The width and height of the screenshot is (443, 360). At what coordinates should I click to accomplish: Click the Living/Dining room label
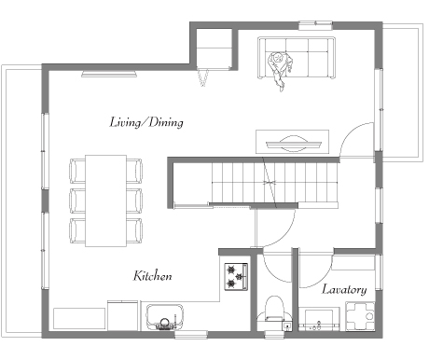tap(146, 122)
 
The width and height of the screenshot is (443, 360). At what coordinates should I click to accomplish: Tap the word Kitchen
tap(152, 276)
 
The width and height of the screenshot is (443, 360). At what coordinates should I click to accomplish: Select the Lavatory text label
tap(344, 289)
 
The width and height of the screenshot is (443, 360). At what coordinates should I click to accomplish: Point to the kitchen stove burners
tap(236, 277)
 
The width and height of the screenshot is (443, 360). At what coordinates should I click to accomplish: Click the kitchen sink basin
tap(165, 316)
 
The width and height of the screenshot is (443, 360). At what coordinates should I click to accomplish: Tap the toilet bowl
tap(275, 309)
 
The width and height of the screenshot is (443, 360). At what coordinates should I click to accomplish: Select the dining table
tap(105, 201)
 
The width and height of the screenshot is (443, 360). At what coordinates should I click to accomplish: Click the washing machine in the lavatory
tap(360, 316)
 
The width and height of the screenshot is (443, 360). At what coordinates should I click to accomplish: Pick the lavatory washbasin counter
tap(320, 319)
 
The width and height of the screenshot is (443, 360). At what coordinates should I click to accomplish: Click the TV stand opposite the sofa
tap(292, 142)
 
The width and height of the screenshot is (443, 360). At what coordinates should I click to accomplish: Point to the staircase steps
tap(275, 183)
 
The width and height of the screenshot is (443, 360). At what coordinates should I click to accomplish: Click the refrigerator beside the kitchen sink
tap(123, 315)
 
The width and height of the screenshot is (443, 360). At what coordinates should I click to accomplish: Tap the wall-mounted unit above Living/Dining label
tap(109, 75)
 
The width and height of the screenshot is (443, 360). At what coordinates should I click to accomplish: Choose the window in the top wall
tap(315, 25)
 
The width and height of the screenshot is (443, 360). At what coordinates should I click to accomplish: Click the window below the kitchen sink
tap(191, 335)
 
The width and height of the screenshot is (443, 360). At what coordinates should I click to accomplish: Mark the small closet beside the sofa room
tap(215, 48)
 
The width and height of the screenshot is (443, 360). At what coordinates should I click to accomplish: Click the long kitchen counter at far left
tap(79, 318)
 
